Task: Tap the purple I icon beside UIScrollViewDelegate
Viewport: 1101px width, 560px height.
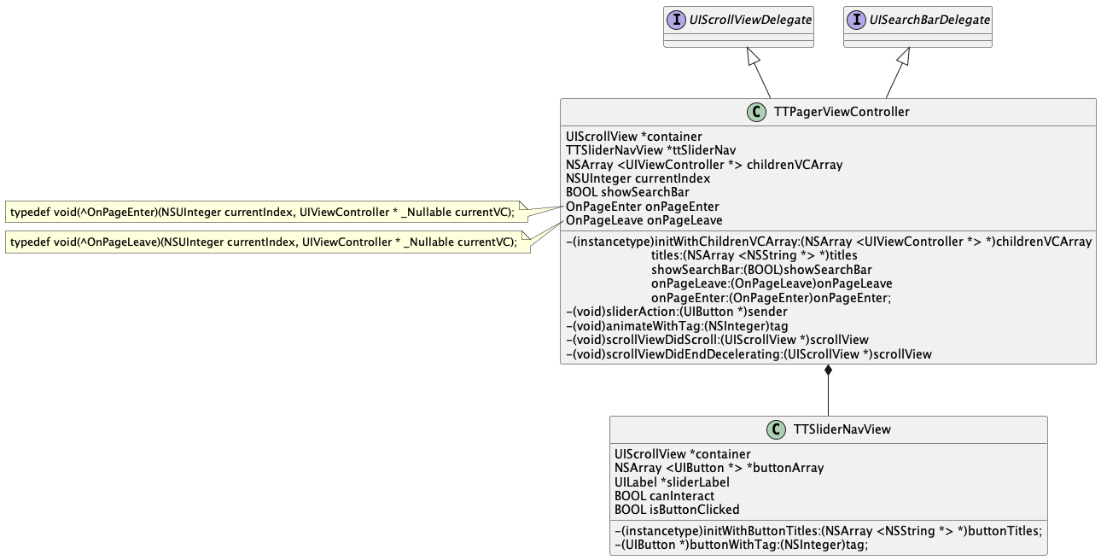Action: coord(678,19)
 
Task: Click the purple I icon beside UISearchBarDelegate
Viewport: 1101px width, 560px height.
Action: coord(857,19)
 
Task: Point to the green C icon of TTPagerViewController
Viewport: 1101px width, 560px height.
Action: coord(756,112)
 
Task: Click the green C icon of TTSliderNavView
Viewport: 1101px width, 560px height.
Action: coord(776,429)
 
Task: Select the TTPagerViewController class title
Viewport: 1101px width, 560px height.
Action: coord(841,112)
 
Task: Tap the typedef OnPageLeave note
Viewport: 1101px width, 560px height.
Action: coord(263,242)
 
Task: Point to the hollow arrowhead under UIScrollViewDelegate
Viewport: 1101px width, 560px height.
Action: coord(753,56)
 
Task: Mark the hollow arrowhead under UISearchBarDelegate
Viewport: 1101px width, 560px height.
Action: coord(904,56)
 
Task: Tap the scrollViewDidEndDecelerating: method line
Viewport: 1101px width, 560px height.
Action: coord(749,353)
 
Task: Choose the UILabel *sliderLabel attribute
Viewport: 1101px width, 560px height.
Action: coord(672,481)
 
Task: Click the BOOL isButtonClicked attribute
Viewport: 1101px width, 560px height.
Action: coord(677,510)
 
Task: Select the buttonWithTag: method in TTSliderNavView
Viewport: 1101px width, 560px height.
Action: coord(741,544)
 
